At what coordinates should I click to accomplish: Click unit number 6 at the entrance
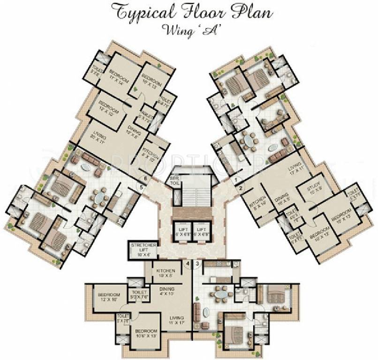pos(146,178)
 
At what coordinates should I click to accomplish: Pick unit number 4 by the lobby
pos(188,264)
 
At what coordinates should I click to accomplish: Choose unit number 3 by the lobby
pos(197,264)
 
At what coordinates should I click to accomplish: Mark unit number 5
pos(139,188)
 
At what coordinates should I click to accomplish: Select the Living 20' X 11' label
pos(99,139)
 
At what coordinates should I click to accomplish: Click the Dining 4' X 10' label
pos(166,292)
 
